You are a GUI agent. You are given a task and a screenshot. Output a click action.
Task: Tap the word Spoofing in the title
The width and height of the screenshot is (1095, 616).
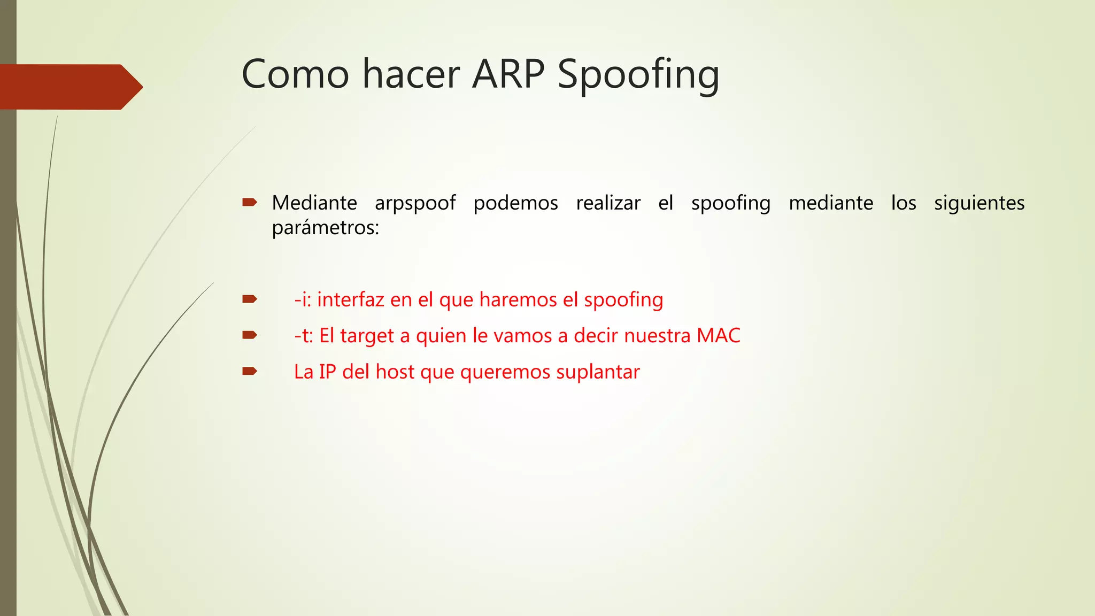pos(638,75)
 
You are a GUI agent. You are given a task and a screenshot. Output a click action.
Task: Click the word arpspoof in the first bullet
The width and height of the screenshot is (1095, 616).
pos(415,204)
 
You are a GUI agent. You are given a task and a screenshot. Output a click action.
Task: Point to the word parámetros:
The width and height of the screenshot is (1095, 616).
pos(325,228)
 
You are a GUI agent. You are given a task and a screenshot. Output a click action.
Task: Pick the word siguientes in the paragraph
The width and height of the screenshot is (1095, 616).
pos(979,204)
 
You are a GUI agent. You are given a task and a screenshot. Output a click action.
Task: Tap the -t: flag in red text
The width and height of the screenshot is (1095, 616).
pos(303,336)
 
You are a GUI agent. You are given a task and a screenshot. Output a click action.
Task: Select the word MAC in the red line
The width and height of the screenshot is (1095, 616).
pos(718,336)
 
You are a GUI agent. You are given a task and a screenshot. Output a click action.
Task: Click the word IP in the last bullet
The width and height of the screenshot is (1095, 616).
pos(327,372)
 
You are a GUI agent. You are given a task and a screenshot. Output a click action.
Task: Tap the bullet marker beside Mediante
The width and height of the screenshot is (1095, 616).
pos(250,202)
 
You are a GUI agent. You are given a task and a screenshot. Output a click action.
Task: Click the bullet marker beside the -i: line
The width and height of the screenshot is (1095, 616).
pos(250,299)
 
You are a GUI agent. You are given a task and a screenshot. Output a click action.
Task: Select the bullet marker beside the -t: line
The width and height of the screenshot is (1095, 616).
pos(250,335)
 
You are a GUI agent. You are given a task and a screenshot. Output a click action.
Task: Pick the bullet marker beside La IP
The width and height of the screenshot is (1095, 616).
pos(250,371)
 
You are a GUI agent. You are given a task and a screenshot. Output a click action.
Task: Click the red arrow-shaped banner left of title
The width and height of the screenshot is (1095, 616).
pos(70,87)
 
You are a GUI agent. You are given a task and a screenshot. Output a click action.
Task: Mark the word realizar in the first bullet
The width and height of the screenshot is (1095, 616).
pos(608,203)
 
